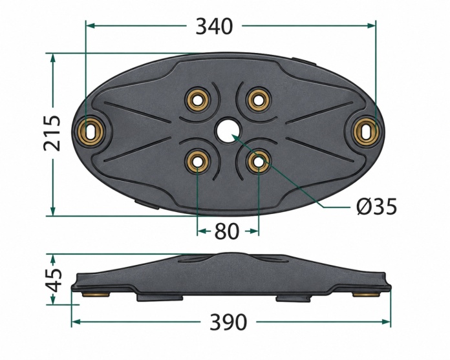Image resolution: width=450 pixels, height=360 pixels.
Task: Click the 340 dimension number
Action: point(214,26)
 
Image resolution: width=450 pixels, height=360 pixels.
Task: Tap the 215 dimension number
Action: point(52,133)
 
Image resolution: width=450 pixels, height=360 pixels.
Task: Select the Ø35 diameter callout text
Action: point(377,206)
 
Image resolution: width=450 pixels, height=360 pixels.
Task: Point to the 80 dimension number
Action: point(226,231)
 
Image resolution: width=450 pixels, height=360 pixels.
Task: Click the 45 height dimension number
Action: point(53,279)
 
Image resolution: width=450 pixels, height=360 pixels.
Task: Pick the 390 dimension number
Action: point(228,322)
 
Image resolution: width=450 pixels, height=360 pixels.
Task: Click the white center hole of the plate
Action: point(229,131)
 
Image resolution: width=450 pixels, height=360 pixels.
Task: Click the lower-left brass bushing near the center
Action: point(197,162)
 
